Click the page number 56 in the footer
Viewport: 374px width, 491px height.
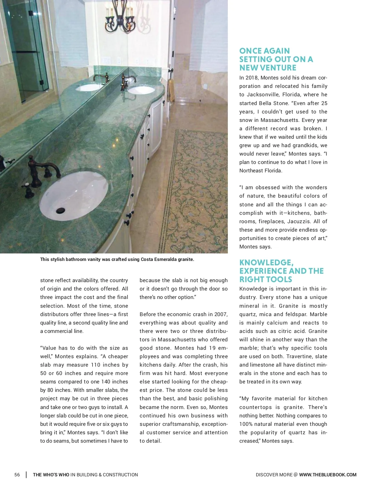pos(17,474)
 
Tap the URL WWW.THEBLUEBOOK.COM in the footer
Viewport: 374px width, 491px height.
pos(328,474)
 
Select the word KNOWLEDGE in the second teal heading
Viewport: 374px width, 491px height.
pos(266,262)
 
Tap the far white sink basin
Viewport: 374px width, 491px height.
pos(141,90)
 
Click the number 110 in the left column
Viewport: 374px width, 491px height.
pos(95,365)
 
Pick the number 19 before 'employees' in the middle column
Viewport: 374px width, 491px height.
pos(212,348)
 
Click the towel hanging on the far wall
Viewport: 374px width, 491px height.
pos(171,90)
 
